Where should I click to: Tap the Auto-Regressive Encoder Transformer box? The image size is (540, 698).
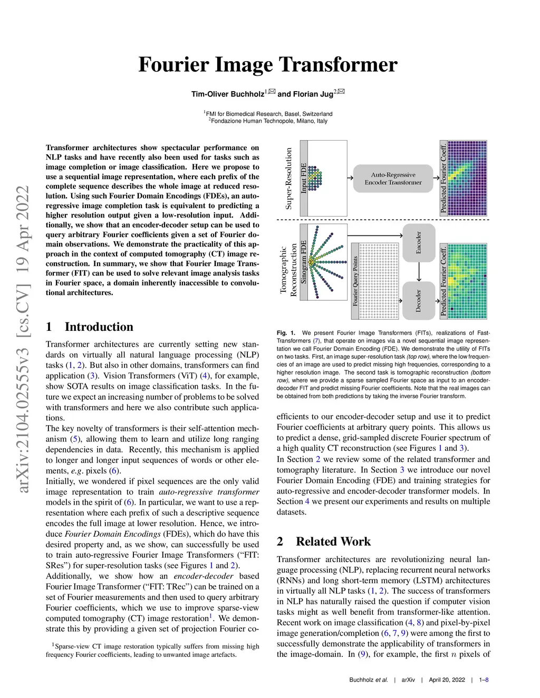pos(393,178)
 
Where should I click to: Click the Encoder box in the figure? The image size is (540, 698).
pos(419,242)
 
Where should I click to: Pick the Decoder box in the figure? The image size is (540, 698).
pos(419,301)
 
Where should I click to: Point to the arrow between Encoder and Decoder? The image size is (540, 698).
pos(419,271)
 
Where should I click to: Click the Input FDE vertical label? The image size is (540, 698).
pos(304,178)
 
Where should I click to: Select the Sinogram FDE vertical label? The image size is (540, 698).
pos(304,262)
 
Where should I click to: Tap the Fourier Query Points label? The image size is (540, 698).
pos(355,281)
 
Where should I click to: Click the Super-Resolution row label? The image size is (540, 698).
pos(288,178)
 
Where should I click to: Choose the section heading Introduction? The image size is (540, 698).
pos(99,327)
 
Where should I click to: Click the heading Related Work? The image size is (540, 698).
pos(333,542)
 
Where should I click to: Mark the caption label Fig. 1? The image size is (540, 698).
pos(286,333)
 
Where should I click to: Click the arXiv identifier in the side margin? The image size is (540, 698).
pos(23,339)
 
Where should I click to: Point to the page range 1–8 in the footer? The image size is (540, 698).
pos(484,680)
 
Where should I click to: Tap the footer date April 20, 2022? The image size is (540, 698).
pos(447,680)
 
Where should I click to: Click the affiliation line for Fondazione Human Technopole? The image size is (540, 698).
pos(269,121)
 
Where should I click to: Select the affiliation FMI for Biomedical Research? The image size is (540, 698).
pos(269,114)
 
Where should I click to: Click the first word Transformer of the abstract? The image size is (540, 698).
pos(66,148)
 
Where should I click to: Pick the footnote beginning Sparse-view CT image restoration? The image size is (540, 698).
pos(152,651)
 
